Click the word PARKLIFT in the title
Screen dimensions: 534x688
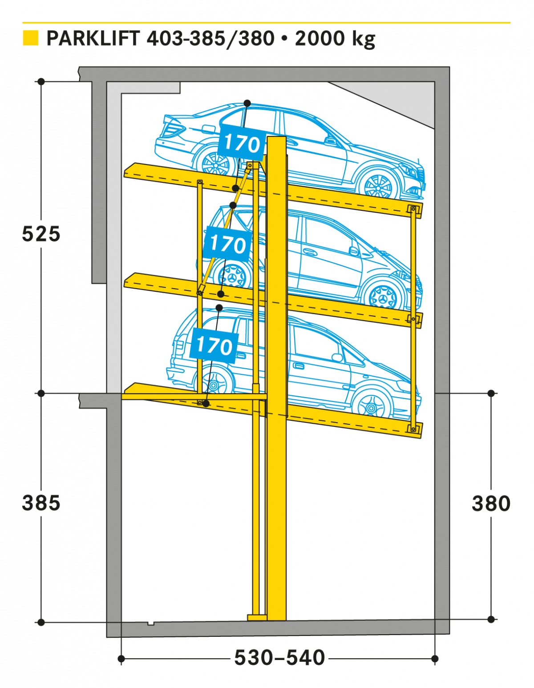coord(93,38)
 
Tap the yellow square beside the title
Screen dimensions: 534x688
coord(30,38)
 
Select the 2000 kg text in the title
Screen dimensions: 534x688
coord(335,39)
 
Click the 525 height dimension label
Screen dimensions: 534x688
coord(41,234)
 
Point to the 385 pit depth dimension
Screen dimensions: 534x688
coord(41,503)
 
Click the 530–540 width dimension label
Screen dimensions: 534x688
coord(279,658)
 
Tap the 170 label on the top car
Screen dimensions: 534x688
coord(242,144)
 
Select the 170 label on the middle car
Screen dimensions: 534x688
coord(228,244)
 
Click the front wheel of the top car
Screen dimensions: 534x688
coord(377,185)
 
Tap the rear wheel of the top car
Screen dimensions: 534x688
coord(216,164)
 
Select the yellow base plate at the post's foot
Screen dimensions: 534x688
coord(257,617)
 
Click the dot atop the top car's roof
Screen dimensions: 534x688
coord(247,103)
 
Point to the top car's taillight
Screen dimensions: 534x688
coord(174,128)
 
